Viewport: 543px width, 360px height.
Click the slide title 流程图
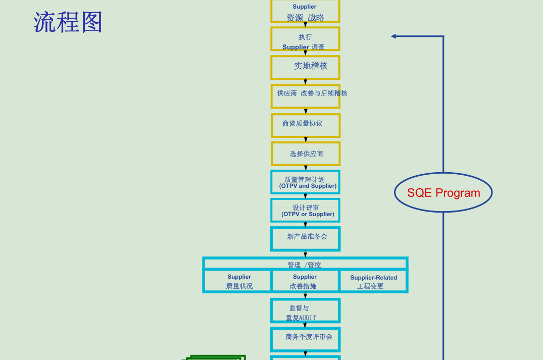68,22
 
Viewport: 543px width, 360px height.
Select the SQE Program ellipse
443,192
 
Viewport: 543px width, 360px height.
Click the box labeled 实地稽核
306,67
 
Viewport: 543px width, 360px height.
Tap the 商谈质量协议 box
306,125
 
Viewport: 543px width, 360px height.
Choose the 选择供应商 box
306,153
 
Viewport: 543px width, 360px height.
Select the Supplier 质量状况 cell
239,281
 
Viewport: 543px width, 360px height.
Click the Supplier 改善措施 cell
305,281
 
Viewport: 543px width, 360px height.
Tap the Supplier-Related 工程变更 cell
373,281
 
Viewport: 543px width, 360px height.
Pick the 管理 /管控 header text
304,265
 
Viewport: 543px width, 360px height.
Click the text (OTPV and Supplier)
308,186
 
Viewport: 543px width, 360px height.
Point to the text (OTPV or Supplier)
308,215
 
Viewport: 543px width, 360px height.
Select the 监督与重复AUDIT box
306,311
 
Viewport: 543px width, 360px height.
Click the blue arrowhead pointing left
393,36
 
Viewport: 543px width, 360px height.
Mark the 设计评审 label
306,208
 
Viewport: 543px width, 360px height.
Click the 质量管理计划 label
305,179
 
